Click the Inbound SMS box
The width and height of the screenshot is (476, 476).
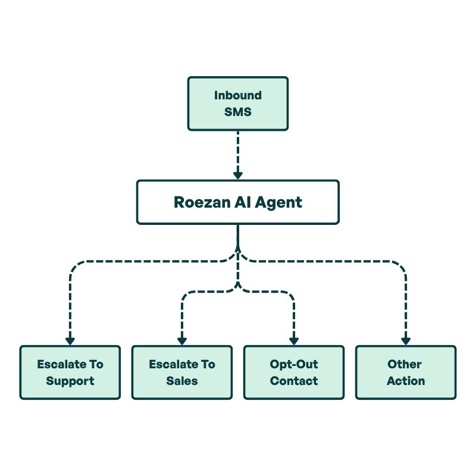pyautogui.click(x=238, y=104)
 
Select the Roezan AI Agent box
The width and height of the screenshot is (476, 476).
pyautogui.click(x=238, y=202)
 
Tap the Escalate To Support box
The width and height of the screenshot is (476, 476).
pyautogui.click(x=70, y=372)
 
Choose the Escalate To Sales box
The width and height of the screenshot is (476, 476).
pyautogui.click(x=182, y=372)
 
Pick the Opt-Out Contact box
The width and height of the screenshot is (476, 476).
pyautogui.click(x=294, y=372)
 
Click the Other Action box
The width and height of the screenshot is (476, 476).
pyautogui.click(x=406, y=372)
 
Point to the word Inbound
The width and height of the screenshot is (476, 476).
pyautogui.click(x=238, y=95)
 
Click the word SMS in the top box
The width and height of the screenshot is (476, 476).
pyautogui.click(x=238, y=111)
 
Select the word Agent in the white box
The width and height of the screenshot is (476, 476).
pyautogui.click(x=279, y=202)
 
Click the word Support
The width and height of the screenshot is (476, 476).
pyautogui.click(x=70, y=381)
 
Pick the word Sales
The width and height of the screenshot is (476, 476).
pyautogui.click(x=182, y=381)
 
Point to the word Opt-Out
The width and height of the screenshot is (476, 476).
pyautogui.click(x=294, y=364)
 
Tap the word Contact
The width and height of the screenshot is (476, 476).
pyautogui.click(x=294, y=381)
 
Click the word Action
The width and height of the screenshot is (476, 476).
pyautogui.click(x=406, y=381)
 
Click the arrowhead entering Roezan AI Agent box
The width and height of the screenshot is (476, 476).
pyautogui.click(x=238, y=176)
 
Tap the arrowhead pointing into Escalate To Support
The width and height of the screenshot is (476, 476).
pyautogui.click(x=70, y=341)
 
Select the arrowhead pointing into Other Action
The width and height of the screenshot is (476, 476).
pyautogui.click(x=406, y=341)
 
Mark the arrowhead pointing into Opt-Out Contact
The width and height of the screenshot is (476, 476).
pyautogui.click(x=294, y=341)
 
